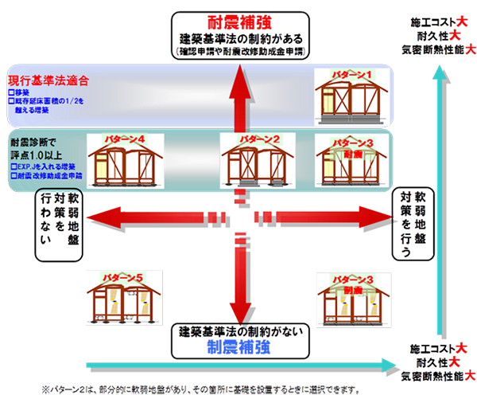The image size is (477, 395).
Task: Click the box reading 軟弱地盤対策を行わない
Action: (58, 224)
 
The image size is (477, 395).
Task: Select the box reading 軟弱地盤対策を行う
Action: (417, 224)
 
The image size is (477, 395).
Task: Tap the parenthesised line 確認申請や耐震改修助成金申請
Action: (242, 53)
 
